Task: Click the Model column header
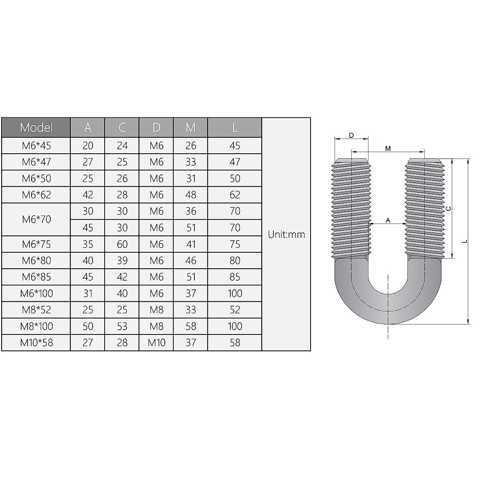[x=36, y=127]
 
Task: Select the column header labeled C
[x=122, y=127]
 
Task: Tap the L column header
[x=235, y=127]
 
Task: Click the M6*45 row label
[x=36, y=146]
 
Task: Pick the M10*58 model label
[x=36, y=342]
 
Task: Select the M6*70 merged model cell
[x=36, y=219]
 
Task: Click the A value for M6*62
[x=87, y=195]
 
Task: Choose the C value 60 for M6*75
[x=122, y=244]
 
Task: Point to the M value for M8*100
[x=190, y=326]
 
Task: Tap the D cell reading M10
[x=156, y=342]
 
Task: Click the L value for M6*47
[x=235, y=162]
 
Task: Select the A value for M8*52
[x=87, y=310]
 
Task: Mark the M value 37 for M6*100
[x=190, y=293]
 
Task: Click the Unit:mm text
[x=286, y=234]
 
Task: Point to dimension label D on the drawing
[x=351, y=135]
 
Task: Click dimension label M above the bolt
[x=388, y=148]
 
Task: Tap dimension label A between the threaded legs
[x=388, y=220]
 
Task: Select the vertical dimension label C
[x=448, y=208]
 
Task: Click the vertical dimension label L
[x=465, y=241]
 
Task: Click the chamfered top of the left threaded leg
[x=351, y=161]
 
